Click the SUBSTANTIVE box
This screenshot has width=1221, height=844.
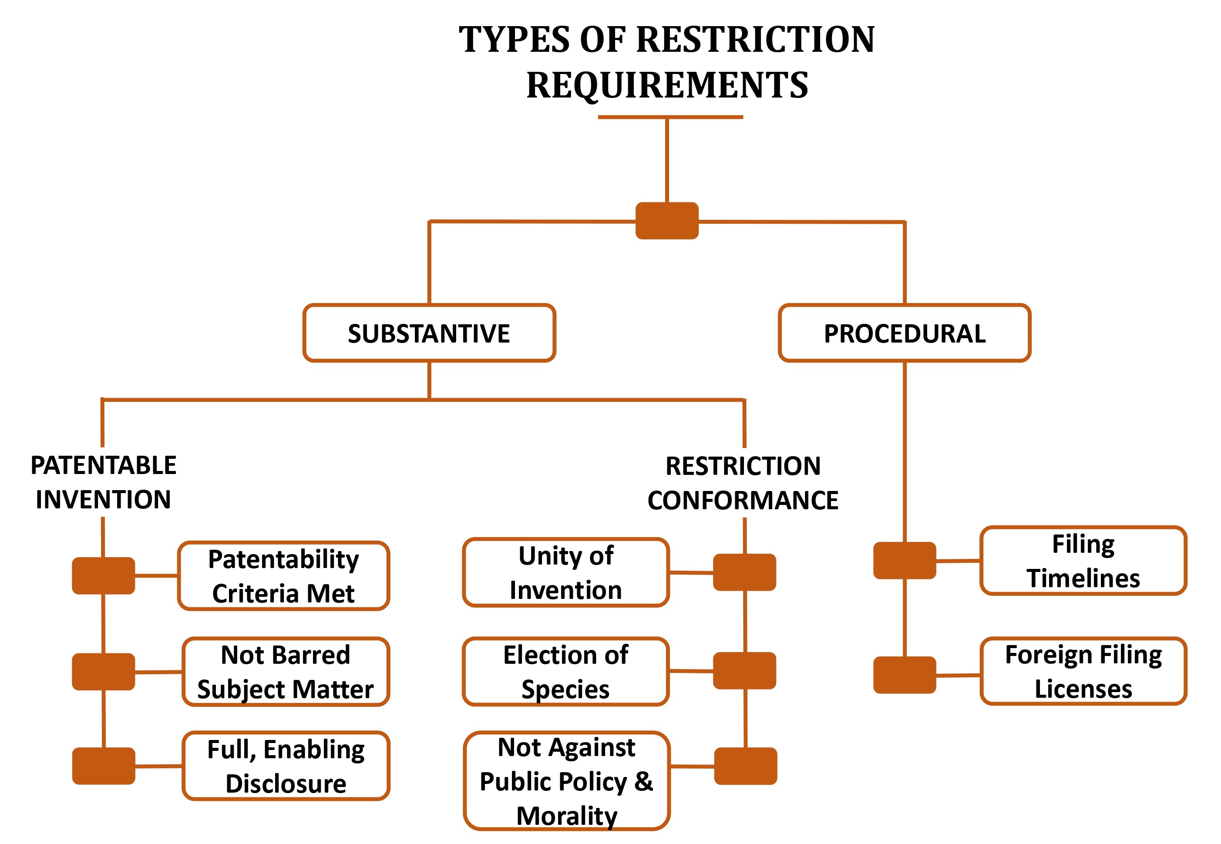click(429, 333)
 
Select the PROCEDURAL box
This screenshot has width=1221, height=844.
click(904, 333)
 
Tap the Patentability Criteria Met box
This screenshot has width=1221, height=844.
click(283, 576)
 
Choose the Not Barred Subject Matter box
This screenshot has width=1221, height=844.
click(286, 672)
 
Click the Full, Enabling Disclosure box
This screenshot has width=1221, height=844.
click(286, 766)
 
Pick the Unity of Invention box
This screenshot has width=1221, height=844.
click(566, 572)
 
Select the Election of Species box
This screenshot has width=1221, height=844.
click(566, 672)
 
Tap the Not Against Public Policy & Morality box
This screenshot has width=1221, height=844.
click(567, 780)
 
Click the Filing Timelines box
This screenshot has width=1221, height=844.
click(1083, 561)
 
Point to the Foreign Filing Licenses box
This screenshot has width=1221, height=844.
click(1083, 671)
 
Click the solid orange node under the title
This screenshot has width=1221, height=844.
click(667, 221)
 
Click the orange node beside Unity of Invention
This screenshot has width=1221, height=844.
click(744, 572)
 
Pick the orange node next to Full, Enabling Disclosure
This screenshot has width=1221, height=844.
click(104, 766)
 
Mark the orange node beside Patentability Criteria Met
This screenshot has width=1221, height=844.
click(104, 576)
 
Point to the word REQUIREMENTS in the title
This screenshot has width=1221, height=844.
click(667, 84)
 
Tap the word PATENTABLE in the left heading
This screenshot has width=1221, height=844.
click(104, 465)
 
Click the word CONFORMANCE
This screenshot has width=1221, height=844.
click(743, 500)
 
